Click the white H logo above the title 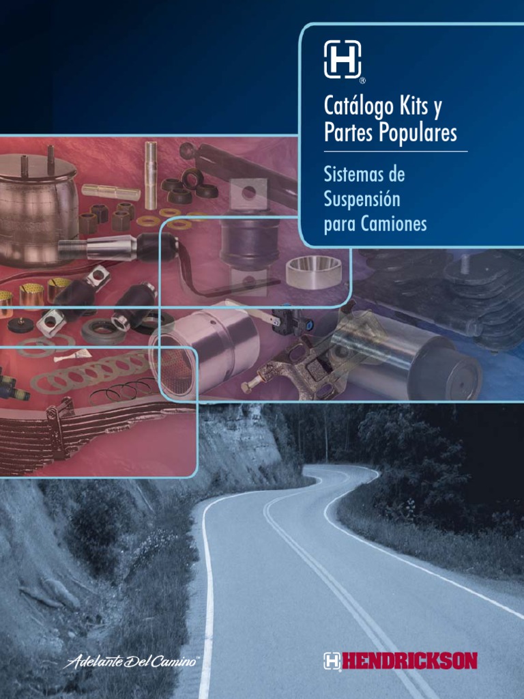(343, 59)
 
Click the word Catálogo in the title (359, 106)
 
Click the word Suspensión (362, 199)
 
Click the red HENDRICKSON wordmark (409, 661)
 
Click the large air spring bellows (38, 209)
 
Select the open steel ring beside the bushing (314, 272)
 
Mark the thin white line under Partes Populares (396, 152)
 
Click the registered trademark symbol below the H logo (362, 81)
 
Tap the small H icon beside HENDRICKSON (332, 661)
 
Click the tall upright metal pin (151, 175)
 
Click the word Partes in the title (349, 132)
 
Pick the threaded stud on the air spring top (50, 160)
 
